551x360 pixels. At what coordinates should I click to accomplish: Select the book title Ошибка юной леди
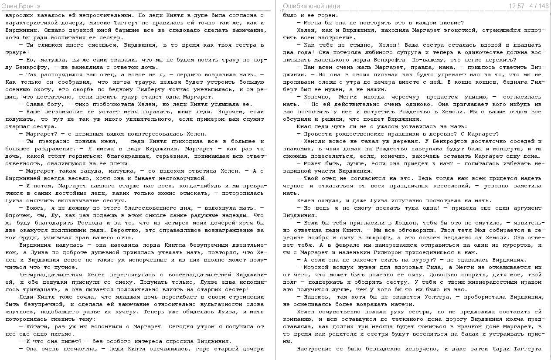pyautogui.click(x=311, y=6)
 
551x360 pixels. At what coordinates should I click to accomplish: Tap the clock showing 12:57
pyautogui.click(x=516, y=6)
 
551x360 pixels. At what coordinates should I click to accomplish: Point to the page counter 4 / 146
pyautogui.click(x=539, y=6)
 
